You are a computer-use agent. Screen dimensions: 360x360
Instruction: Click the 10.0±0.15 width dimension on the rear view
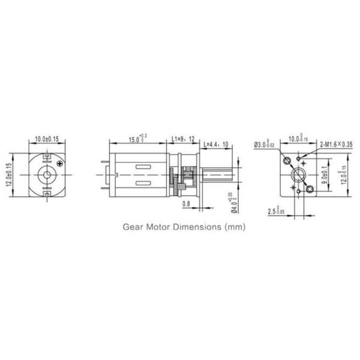pyautogui.click(x=46, y=139)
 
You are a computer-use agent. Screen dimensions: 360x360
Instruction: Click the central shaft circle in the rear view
pyautogui.click(x=46, y=175)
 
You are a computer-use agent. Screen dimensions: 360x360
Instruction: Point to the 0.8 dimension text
pyautogui.click(x=185, y=204)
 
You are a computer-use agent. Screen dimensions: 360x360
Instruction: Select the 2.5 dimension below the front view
pyautogui.click(x=277, y=211)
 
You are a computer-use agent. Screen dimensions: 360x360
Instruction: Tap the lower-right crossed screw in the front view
pyautogui.click(x=310, y=189)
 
